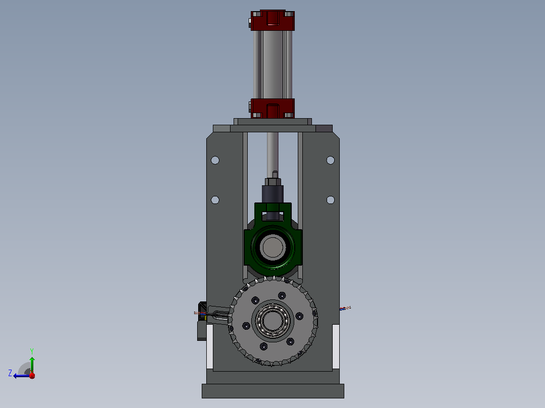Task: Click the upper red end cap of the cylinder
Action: pos(272,21)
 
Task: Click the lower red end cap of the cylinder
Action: pos(272,109)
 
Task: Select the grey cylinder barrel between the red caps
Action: pos(272,65)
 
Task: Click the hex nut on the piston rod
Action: pos(273,182)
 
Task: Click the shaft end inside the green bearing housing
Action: pos(272,247)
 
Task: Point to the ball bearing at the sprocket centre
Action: pos(272,321)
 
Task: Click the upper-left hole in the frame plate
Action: pos(215,160)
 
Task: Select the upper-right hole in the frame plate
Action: pos(331,160)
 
